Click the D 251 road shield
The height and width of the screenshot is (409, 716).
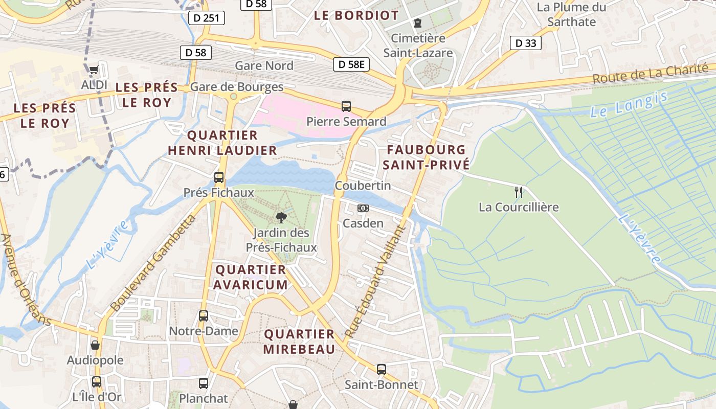point(207,18)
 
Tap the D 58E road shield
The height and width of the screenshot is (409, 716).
point(351,64)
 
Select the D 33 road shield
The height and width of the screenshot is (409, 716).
point(526,43)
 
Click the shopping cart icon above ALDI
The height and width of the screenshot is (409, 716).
point(94,70)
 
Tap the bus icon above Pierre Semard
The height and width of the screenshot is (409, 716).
point(346,106)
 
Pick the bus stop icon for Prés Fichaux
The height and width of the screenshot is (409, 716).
point(219,177)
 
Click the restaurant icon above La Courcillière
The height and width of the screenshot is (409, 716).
point(519,192)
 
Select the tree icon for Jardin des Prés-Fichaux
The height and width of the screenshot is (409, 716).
point(281,218)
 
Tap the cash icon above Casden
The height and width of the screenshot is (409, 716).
point(363,208)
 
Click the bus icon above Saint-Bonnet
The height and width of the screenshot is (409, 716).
point(381,369)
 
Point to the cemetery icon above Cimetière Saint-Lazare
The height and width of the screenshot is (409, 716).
point(418,23)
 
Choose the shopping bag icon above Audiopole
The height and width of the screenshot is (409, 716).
point(95,345)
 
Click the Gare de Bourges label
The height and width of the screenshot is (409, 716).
point(237,87)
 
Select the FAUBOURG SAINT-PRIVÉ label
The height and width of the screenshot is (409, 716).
point(426,157)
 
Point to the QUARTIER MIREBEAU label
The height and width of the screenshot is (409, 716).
point(299,342)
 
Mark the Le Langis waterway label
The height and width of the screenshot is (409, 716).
point(629,104)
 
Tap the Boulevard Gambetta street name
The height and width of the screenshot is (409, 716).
point(153,263)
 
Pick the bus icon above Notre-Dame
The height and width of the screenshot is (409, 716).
point(204,316)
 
